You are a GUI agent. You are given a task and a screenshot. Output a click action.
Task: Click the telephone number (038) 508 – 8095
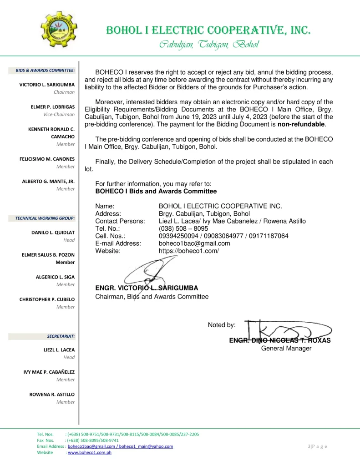(183, 228)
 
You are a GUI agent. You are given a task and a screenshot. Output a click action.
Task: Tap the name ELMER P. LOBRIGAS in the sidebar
(53, 106)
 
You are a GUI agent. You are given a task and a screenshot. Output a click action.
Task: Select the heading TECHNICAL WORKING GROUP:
(45, 218)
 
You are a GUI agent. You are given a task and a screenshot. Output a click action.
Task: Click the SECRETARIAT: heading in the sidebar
(61, 336)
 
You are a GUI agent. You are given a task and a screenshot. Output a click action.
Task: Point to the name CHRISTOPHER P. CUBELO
(46, 299)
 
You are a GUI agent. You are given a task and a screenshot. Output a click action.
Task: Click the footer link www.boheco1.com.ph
(90, 453)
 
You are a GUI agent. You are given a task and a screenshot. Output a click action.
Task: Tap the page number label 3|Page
(317, 446)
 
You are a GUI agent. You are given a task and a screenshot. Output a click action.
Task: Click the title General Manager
(286, 348)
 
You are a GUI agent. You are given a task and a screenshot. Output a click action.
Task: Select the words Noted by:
(222, 324)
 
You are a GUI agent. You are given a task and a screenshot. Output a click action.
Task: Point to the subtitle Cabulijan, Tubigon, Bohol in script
(209, 45)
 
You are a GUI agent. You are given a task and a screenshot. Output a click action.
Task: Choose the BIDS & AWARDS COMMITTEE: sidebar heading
(45, 70)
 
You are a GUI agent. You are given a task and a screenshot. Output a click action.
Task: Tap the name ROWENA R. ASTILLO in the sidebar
(52, 394)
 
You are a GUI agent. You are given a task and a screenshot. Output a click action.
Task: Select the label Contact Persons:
(120, 221)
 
